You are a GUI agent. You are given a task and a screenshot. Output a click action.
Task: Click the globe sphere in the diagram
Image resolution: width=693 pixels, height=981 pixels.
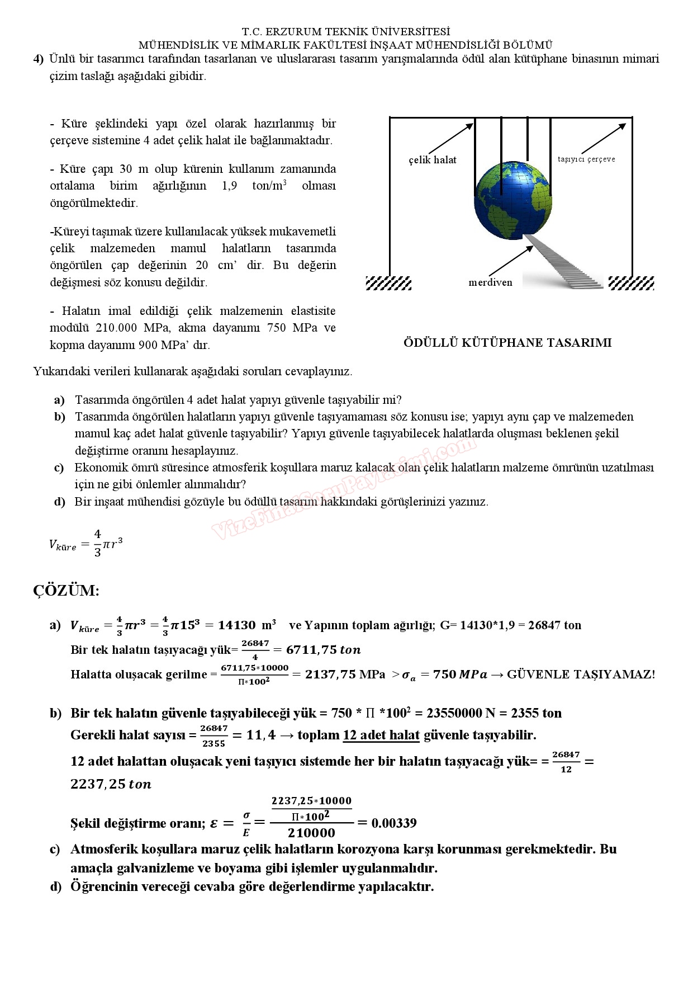(512, 200)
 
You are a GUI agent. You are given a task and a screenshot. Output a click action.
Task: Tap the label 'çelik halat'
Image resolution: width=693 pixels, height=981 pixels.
(432, 160)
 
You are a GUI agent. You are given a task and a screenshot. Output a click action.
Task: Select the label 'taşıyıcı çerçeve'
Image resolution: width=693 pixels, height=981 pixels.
(586, 159)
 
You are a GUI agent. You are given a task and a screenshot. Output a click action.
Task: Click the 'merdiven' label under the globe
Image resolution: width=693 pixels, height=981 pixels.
(490, 282)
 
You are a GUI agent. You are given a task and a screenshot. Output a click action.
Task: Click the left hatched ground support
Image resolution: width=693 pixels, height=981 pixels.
(388, 283)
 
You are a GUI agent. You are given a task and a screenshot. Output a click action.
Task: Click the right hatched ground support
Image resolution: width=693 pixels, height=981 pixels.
(631, 283)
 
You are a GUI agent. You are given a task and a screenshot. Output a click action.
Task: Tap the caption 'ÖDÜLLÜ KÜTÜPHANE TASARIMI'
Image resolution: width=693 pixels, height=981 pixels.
(507, 343)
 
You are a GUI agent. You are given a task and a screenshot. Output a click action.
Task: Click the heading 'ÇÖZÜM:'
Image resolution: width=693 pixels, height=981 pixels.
(66, 591)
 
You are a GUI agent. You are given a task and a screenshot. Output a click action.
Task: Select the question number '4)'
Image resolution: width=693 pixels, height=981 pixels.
(38, 59)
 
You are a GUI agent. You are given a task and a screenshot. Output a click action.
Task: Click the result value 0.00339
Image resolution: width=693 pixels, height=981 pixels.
(394, 823)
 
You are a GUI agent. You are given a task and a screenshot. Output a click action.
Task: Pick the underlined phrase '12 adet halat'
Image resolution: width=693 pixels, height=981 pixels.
(381, 735)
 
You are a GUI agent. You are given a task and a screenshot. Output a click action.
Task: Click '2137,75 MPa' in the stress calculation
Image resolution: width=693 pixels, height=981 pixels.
(345, 675)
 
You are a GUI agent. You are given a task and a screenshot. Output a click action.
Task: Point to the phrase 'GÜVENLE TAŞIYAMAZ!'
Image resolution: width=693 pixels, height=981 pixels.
(581, 675)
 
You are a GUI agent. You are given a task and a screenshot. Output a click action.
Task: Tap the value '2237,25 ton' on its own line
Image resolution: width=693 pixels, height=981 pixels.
(111, 784)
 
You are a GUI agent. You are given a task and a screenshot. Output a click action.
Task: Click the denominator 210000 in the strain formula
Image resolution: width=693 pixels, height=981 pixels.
(311, 833)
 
